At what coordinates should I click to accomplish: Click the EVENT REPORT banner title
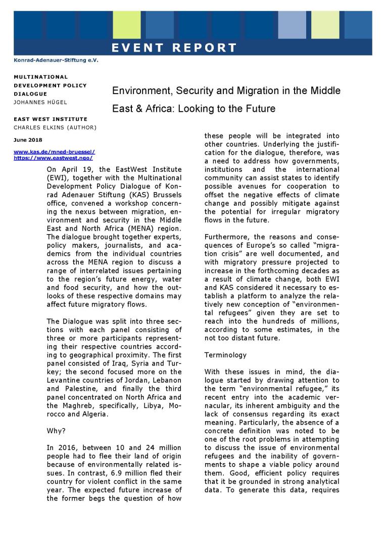click(174, 49)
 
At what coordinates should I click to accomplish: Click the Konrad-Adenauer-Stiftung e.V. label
click(56, 61)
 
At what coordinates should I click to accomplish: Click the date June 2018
click(28, 140)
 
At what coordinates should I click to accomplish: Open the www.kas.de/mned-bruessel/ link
click(55, 152)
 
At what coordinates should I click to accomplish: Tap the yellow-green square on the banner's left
click(126, 25)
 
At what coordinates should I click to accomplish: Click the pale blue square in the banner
click(292, 25)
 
